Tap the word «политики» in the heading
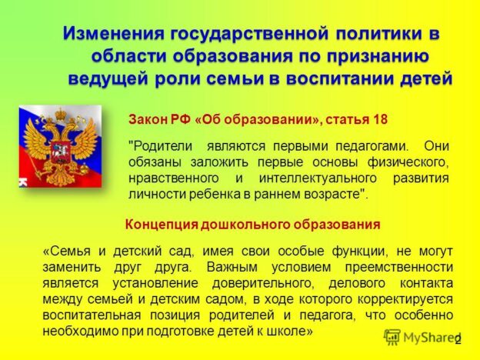click(378, 33)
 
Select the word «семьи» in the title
click(235, 78)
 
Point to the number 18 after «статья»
click(380, 119)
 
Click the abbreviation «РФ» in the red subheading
click(181, 119)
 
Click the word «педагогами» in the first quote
click(372, 147)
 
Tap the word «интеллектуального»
click(318, 178)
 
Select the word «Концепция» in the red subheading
click(162, 225)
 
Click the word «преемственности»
click(399, 267)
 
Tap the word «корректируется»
click(405, 299)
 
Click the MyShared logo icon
click(392, 338)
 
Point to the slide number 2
click(458, 339)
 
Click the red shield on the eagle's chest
click(60, 152)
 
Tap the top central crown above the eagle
click(61, 115)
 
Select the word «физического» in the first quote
click(408, 162)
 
